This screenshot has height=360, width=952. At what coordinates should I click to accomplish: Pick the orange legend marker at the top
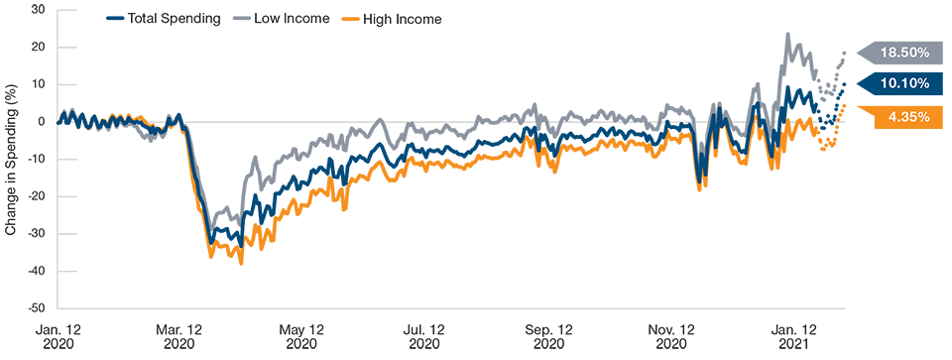(355, 18)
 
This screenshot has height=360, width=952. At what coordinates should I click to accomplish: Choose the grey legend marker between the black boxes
(245, 18)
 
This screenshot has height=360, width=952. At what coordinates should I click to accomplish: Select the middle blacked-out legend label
(296, 40)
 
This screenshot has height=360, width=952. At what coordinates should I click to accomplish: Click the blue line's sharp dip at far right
(700, 177)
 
